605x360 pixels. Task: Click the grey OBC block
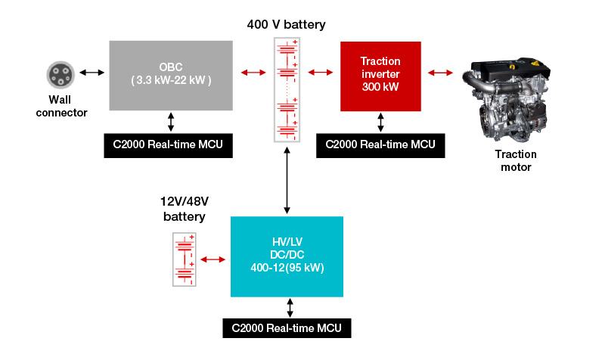[x=171, y=73]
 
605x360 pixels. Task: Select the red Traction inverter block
[x=380, y=73]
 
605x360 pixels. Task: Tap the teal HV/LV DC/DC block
[x=287, y=256]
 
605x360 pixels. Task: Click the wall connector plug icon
[x=60, y=74]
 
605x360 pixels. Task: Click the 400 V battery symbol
[x=286, y=89]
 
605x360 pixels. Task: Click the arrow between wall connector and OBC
[x=92, y=73]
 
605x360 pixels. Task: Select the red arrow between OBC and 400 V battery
[x=253, y=73]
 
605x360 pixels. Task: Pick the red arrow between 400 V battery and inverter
[x=321, y=73]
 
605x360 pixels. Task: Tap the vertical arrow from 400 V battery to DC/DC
[x=287, y=181]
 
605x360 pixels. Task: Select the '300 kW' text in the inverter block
[x=380, y=87]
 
